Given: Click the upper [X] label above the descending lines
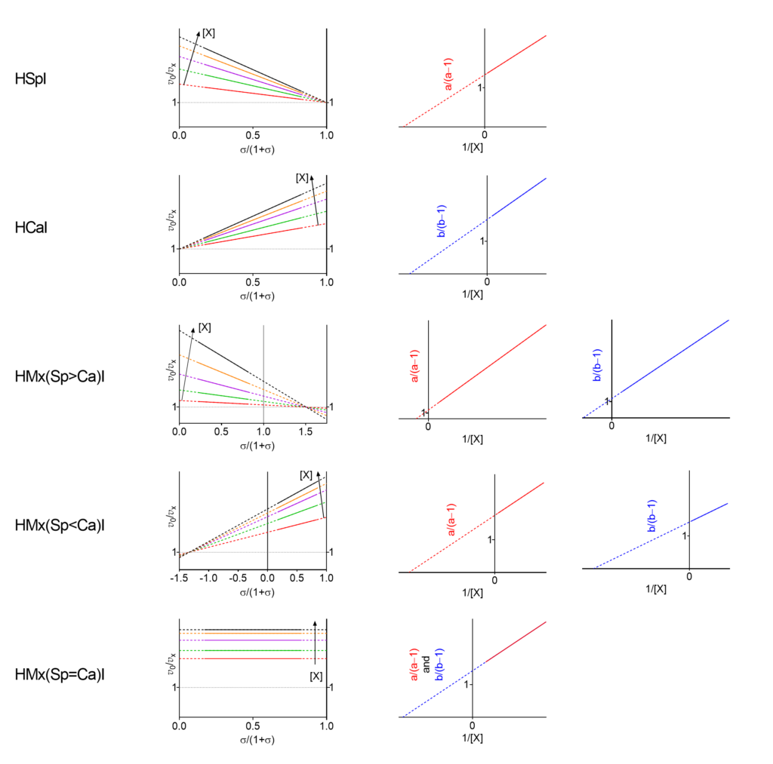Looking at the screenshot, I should click(x=205, y=327).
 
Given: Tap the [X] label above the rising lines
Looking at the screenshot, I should click(x=306, y=475).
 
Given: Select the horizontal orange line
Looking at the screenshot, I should click(x=249, y=633).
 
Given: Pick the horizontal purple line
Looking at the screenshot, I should click(x=249, y=640).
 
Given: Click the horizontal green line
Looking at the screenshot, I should click(x=249, y=650).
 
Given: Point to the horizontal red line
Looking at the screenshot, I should click(x=249, y=658).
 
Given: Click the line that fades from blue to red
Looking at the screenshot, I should click(x=476, y=669).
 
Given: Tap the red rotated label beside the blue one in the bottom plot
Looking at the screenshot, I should click(x=414, y=664).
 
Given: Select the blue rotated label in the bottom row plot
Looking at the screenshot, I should click(x=439, y=664).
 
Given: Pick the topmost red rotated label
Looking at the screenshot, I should click(x=448, y=74).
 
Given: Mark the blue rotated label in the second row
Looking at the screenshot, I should click(x=442, y=221).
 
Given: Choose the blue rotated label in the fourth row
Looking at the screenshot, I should click(x=652, y=516).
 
